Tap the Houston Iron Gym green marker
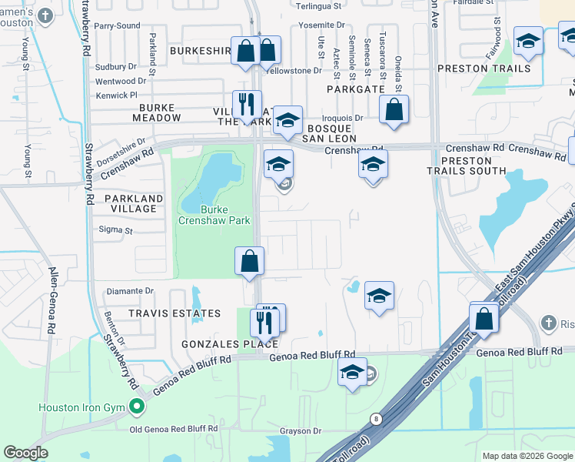click(138, 406)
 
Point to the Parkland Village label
click(129, 203)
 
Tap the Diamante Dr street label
click(131, 291)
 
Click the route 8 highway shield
click(376, 418)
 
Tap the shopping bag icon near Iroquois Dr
click(394, 110)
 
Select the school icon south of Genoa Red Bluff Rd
click(352, 373)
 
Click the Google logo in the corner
click(26, 453)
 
